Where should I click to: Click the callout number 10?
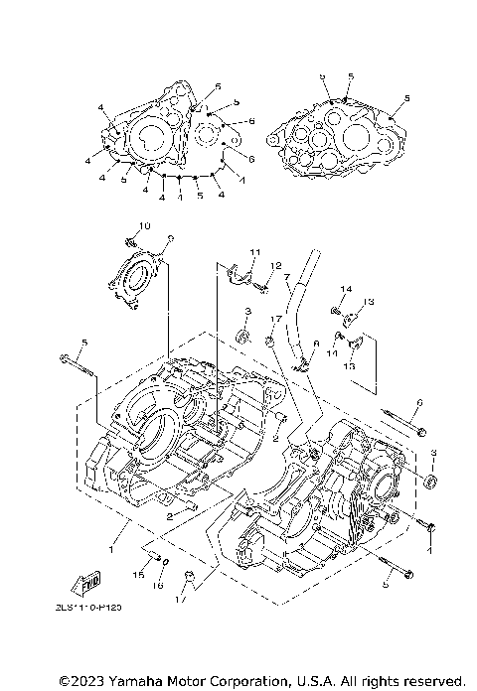[143, 226]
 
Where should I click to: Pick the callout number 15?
[139, 574]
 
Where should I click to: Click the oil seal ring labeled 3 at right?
[430, 483]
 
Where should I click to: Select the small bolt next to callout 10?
[128, 241]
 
